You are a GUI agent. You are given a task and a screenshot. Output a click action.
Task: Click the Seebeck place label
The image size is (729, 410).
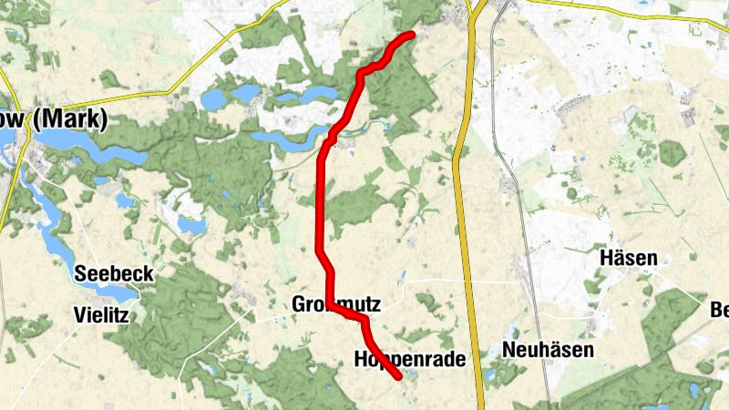pyautogui.click(x=114, y=273)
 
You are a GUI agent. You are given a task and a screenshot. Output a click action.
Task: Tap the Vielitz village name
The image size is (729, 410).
pyautogui.click(x=101, y=316)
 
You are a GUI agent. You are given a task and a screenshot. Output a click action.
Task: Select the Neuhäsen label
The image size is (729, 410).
pyautogui.click(x=549, y=350)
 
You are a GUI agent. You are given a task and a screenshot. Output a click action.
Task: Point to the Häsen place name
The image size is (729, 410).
pyautogui.click(x=629, y=259)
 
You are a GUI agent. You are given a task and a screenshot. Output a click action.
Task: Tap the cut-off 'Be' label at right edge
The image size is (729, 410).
pyautogui.click(x=719, y=310)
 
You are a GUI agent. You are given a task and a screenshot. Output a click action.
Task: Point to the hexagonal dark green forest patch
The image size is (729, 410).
pyautogui.click(x=673, y=152)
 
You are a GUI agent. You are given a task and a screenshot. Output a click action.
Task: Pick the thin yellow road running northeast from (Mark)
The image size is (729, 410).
pyautogui.click(x=137, y=91)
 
